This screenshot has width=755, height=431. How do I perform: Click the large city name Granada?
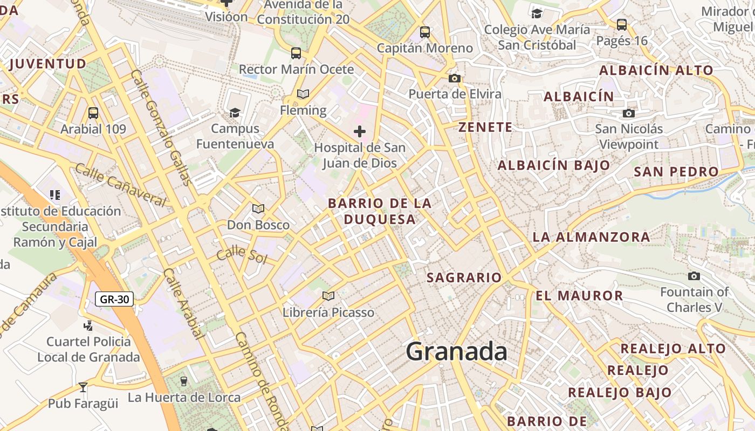[456, 352]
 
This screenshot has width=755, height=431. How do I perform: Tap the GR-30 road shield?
[114, 299]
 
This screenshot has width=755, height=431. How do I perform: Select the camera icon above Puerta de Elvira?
[455, 79]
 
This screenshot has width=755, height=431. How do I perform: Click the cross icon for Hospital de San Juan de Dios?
[360, 131]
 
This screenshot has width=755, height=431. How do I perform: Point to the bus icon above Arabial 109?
[93, 113]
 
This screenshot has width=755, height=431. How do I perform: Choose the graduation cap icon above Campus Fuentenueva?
[235, 113]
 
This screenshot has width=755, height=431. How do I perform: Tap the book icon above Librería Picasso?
[328, 296]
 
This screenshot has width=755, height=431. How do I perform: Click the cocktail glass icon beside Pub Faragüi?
[83, 387]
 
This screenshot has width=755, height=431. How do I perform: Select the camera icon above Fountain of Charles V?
[694, 276]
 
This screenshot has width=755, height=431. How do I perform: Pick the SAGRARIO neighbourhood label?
[464, 278]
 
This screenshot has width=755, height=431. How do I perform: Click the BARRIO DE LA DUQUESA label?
[380, 211]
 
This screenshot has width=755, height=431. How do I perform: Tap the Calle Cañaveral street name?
[120, 186]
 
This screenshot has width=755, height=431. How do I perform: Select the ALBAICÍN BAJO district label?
[554, 165]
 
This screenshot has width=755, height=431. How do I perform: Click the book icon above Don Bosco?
[258, 208]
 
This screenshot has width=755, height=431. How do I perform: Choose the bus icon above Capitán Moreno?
[425, 32]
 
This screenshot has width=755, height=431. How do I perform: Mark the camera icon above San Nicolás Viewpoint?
[628, 113]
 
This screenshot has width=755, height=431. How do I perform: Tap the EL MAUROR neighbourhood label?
[579, 296]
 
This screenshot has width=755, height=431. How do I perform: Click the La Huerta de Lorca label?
[184, 398]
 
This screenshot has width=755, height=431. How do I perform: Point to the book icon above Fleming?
[303, 94]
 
